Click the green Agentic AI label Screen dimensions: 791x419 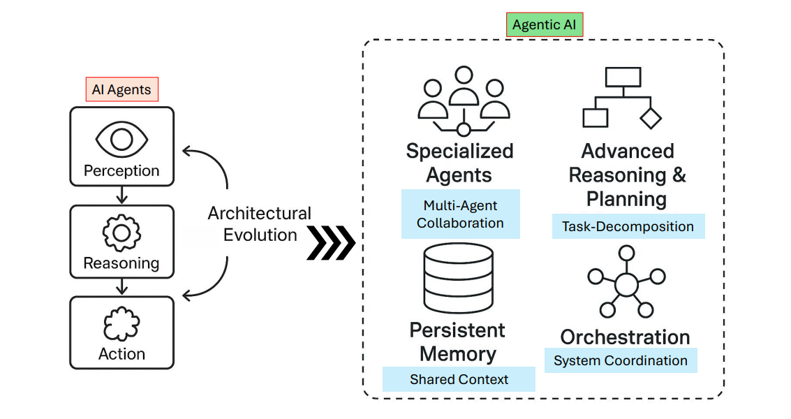(x=545, y=24)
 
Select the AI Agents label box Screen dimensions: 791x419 (x=121, y=89)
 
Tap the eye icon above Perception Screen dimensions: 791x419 (x=121, y=140)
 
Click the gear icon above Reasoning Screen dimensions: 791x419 (x=121, y=233)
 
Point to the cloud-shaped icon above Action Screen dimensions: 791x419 (x=121, y=324)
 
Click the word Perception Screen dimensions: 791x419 (x=121, y=170)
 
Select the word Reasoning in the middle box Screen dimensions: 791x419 (x=121, y=263)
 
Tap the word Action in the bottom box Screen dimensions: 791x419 (x=121, y=354)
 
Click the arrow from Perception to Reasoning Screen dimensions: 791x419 (x=121, y=195)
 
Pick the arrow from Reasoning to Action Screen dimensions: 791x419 (x=121, y=286)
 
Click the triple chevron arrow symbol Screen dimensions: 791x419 (x=331, y=243)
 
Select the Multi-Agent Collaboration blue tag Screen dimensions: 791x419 (x=461, y=214)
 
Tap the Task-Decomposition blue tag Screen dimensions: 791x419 (x=628, y=226)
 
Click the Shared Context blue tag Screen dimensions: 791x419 (x=459, y=379)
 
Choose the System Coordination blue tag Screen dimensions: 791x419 (x=621, y=360)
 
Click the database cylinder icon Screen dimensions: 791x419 (x=459, y=278)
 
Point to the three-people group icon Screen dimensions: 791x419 (x=464, y=101)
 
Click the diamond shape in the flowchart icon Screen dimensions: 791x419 (x=651, y=118)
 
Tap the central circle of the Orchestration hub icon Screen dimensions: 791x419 (x=626, y=285)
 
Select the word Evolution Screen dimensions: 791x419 (x=260, y=235)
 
